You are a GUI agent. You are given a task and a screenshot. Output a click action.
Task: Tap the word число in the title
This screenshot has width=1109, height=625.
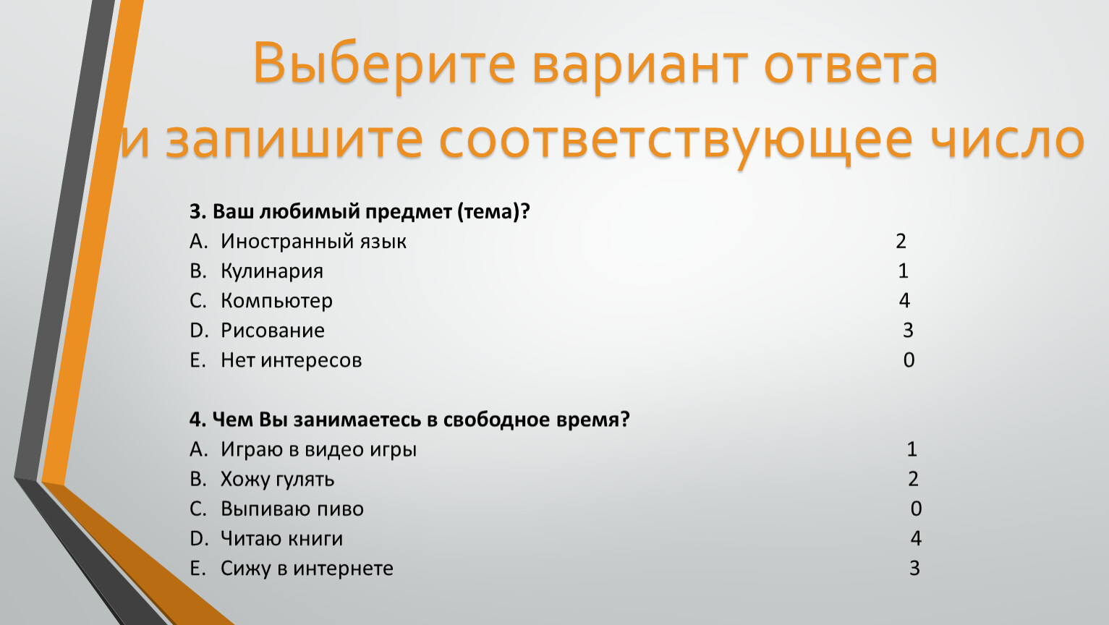(x=1007, y=140)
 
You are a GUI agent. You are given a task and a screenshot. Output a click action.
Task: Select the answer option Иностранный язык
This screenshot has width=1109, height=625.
(x=313, y=242)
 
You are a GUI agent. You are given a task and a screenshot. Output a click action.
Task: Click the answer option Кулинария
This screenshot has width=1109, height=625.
(x=272, y=271)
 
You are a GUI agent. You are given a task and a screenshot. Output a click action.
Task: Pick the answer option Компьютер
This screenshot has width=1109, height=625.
(x=277, y=301)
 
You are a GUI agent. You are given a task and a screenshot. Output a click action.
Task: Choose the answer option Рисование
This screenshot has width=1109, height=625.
(x=272, y=331)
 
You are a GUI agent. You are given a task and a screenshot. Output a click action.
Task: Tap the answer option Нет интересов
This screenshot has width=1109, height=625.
(x=291, y=360)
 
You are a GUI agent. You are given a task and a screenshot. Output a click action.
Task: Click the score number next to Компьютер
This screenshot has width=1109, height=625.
(x=904, y=301)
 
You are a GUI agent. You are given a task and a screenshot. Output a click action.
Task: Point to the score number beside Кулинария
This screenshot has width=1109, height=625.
(x=903, y=271)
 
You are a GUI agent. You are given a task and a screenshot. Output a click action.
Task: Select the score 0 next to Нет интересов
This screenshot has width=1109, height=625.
(x=909, y=360)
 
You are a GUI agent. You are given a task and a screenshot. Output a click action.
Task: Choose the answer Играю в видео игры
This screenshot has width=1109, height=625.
(x=318, y=450)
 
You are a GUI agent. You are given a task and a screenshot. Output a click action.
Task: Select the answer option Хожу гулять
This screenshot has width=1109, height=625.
(x=277, y=480)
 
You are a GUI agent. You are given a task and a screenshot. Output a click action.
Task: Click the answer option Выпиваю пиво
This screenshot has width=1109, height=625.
(x=292, y=509)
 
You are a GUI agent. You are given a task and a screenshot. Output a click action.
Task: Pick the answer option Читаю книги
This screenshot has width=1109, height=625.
(x=281, y=539)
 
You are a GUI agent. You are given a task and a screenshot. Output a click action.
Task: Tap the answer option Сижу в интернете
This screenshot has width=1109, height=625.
(x=307, y=569)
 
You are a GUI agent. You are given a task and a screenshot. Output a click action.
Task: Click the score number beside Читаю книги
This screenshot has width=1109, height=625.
(x=915, y=538)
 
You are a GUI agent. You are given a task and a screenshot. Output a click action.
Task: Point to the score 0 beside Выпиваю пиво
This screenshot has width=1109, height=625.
(x=916, y=509)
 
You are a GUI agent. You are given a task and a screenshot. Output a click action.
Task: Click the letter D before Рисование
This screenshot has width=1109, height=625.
(x=199, y=331)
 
